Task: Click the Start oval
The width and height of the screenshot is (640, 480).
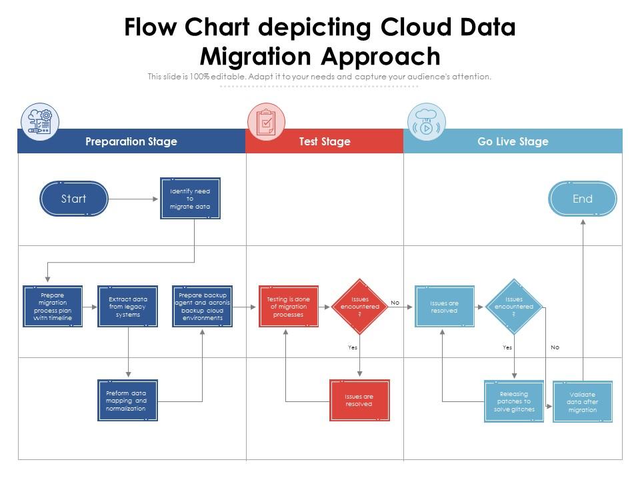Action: [x=74, y=199]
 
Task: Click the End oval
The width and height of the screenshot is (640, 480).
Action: [x=583, y=199]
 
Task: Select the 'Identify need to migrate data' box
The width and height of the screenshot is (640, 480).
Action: [x=190, y=199]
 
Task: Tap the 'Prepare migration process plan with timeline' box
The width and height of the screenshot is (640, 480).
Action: [x=53, y=307]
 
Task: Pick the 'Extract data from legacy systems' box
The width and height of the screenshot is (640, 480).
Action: [x=128, y=307]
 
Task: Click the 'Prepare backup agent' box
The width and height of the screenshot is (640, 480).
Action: [x=202, y=307]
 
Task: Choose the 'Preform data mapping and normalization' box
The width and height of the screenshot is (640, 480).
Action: [x=128, y=401]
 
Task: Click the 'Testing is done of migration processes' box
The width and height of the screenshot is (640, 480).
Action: [x=289, y=307]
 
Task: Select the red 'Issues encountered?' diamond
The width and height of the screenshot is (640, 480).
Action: [x=360, y=307]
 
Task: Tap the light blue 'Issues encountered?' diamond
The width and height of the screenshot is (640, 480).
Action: [x=514, y=307]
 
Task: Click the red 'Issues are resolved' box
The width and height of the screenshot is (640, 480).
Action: [x=359, y=401]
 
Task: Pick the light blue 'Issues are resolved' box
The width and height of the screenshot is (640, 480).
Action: [x=445, y=307]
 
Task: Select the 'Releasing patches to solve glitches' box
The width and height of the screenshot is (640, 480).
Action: [x=514, y=401]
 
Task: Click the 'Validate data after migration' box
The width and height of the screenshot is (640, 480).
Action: [x=583, y=402]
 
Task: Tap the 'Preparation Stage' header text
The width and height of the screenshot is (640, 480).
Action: [x=131, y=141]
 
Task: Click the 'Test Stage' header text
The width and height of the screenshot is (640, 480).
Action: [x=325, y=141]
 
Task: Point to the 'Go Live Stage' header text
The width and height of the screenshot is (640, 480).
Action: [x=513, y=141]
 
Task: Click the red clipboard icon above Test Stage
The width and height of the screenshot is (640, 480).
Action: [x=266, y=122]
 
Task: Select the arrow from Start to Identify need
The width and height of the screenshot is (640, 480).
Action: [x=133, y=199]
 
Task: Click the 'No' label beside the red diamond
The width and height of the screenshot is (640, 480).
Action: [x=395, y=303]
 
